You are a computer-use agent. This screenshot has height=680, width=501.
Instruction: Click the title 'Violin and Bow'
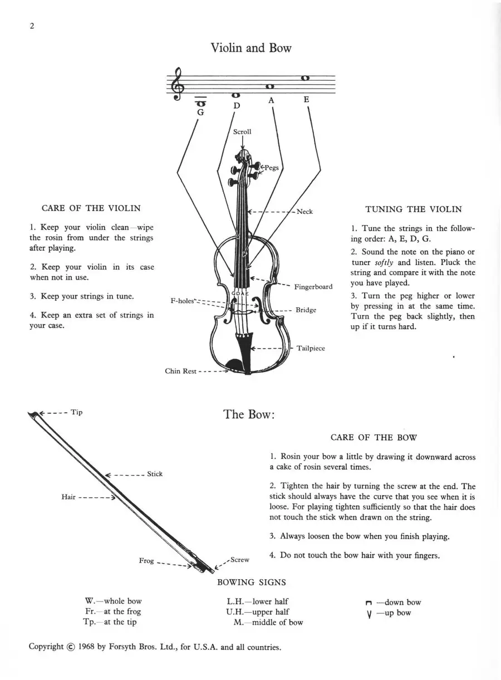(251, 48)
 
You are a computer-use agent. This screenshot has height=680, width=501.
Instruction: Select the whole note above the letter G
(200, 104)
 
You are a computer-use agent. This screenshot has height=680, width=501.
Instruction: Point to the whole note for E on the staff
(305, 78)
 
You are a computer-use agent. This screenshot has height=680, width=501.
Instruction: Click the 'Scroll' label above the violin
(242, 132)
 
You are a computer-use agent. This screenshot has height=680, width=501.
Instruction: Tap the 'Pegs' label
(272, 168)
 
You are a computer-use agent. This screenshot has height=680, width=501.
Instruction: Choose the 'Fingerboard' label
(313, 287)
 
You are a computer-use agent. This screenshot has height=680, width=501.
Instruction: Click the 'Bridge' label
(306, 310)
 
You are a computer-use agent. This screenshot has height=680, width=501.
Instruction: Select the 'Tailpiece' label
(311, 348)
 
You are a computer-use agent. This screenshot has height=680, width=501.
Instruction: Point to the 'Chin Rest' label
(180, 371)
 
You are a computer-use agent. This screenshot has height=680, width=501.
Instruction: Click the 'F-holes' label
(182, 301)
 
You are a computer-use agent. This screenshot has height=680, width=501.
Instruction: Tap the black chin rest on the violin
(234, 365)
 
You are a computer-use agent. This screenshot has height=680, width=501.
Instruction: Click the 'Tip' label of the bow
(76, 412)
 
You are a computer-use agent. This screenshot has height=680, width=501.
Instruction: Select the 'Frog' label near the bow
(146, 560)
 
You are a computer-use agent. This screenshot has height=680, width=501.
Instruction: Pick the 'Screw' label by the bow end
(240, 560)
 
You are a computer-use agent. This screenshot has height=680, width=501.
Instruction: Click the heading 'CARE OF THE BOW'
(374, 437)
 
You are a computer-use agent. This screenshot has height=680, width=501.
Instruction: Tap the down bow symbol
(369, 603)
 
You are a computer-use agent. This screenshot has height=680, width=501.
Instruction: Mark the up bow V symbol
(369, 615)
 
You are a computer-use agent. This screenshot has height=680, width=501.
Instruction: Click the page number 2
(32, 26)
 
